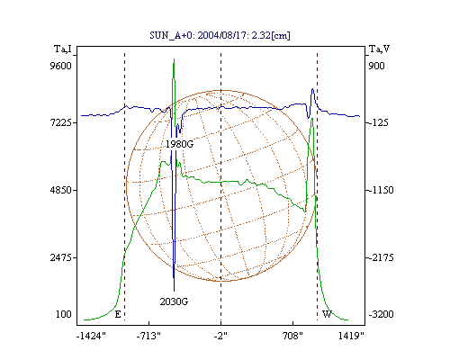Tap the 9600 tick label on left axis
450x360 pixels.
(60, 66)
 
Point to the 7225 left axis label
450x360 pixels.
(60, 122)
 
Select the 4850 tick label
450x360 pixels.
(60, 190)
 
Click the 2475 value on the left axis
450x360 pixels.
(60, 257)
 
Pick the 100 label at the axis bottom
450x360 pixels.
(64, 314)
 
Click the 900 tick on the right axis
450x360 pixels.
(376, 66)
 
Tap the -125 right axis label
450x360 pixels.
(378, 122)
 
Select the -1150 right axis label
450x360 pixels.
(381, 190)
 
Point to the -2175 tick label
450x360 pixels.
(381, 257)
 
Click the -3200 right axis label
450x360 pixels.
(381, 314)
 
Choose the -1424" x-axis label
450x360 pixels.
(91, 336)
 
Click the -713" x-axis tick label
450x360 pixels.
(148, 336)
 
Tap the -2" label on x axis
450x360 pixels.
(220, 336)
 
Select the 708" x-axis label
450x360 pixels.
(292, 336)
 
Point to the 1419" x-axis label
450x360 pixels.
(351, 336)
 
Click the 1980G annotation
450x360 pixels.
(179, 144)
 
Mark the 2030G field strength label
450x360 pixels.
(174, 301)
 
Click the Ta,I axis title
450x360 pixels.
(63, 49)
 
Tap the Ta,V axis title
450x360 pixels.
(379, 49)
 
